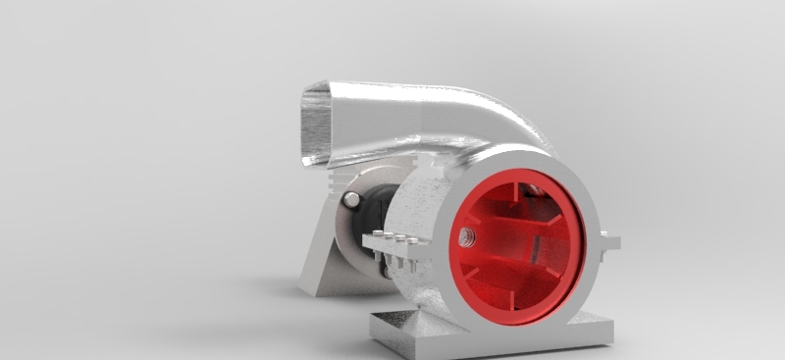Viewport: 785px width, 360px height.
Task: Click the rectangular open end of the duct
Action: pos(316,124)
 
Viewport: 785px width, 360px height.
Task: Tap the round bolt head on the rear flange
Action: pos(351,200)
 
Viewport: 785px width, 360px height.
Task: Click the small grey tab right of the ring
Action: pos(609,240)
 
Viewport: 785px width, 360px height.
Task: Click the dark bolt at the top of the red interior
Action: pos(534,189)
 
